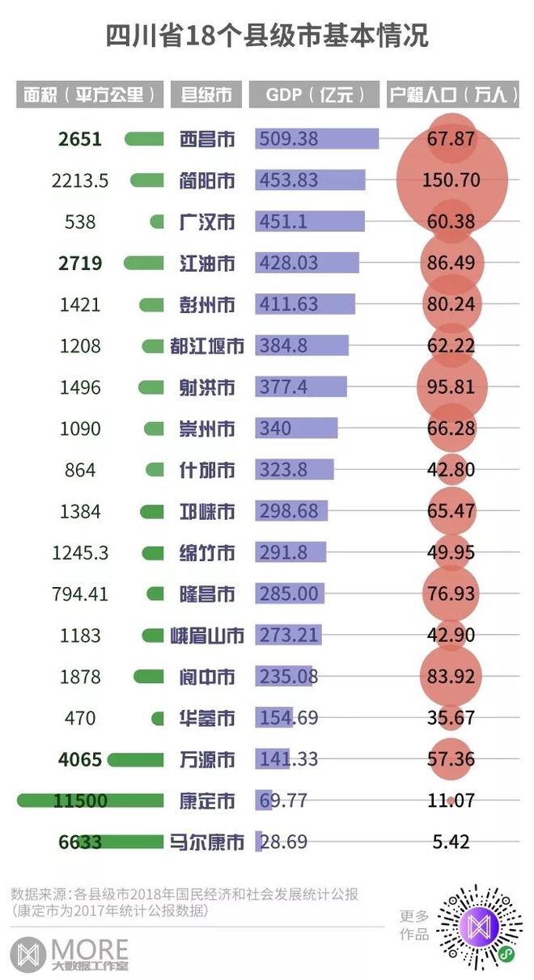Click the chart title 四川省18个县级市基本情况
coord(267,36)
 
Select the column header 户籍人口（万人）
coord(452,95)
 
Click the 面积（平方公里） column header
coord(89,95)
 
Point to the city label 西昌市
coord(207,139)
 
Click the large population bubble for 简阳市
coord(451,180)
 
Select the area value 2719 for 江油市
coord(80,263)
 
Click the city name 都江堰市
coord(207,346)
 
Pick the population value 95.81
coord(451,387)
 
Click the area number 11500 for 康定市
coord(80,800)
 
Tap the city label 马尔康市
coord(207,843)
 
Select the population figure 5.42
coord(451,843)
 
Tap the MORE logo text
coord(89,948)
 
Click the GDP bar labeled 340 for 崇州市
coord(296,429)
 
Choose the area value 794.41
coord(80,594)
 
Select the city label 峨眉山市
coord(207,636)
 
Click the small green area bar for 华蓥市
coord(157,718)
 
